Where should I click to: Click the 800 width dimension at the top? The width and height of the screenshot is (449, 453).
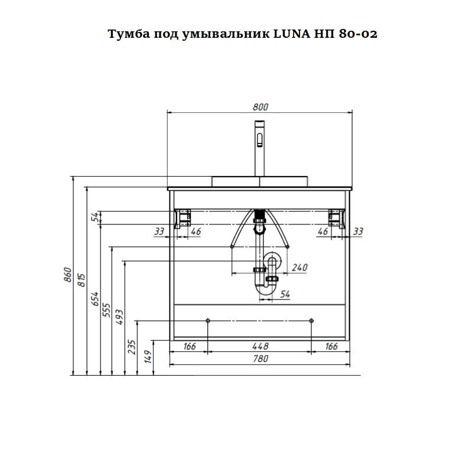coord(261,107)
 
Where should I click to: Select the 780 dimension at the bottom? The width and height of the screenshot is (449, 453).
coord(261,359)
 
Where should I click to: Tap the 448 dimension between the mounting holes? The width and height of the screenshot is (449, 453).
coord(261,346)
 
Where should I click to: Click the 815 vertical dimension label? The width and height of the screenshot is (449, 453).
coord(82,279)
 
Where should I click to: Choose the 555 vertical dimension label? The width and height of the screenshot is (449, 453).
coord(107,311)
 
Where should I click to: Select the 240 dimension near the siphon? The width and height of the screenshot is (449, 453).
coord(300,268)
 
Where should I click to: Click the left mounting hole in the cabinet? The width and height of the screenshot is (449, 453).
coord(207,320)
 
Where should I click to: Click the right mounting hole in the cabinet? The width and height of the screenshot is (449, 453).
coord(311,320)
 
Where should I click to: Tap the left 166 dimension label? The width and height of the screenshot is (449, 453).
coord(189,346)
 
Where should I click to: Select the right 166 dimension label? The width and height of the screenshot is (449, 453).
coord(331,346)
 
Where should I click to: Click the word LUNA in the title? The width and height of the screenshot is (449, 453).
coord(295,34)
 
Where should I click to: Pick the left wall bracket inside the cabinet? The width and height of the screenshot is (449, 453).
coord(184,217)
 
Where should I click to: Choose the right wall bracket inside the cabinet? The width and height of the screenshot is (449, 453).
coord(336,217)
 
